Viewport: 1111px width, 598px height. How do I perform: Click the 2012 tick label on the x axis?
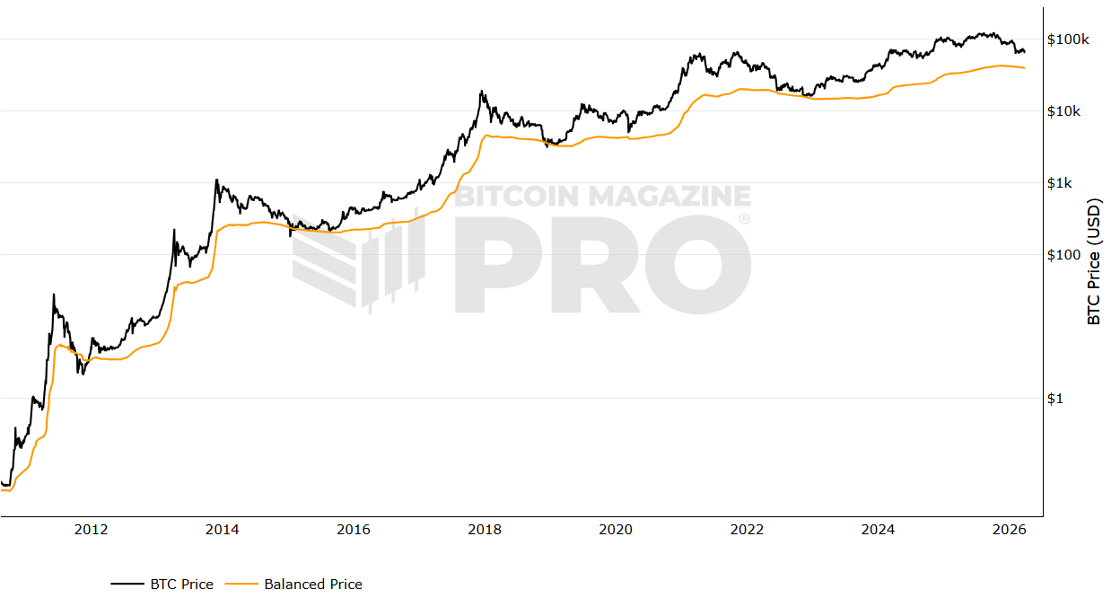[91, 530]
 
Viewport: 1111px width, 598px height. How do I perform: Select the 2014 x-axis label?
[222, 530]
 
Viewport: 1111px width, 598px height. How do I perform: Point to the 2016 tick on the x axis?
[354, 530]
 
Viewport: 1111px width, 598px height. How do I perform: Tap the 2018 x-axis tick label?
[485, 530]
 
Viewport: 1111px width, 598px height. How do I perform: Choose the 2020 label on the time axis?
[616, 530]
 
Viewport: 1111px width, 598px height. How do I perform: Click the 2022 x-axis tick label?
[747, 530]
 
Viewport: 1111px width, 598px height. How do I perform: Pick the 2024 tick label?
[878, 530]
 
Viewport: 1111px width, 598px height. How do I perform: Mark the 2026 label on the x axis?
[1010, 530]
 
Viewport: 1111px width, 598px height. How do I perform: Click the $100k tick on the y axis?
[1068, 40]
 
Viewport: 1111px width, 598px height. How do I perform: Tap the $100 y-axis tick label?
[1063, 255]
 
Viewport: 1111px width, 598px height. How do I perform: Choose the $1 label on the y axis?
[1056, 399]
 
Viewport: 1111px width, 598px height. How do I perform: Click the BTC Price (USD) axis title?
[1094, 261]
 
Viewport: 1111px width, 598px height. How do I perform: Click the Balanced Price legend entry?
[313, 585]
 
